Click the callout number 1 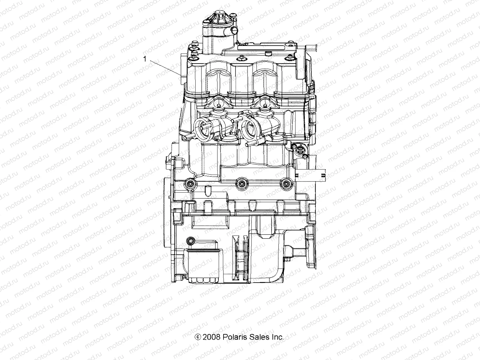tap(145, 59)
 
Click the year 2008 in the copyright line tap(212, 337)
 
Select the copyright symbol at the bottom tap(198, 337)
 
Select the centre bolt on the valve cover tap(241, 57)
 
